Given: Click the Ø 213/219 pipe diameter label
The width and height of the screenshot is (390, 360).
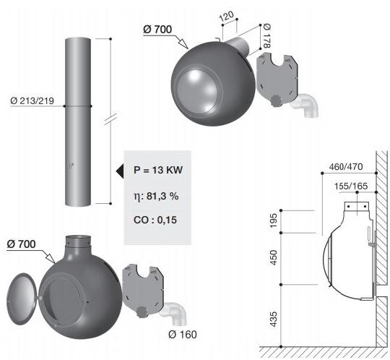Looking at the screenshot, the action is click(x=32, y=100).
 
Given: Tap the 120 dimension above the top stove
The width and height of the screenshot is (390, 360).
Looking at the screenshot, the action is click(x=227, y=16).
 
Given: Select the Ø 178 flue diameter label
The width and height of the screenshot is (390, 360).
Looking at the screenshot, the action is click(x=266, y=36).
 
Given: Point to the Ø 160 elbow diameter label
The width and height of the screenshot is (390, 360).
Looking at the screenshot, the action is click(x=183, y=335).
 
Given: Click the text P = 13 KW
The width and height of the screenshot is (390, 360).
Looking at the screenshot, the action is click(x=158, y=170).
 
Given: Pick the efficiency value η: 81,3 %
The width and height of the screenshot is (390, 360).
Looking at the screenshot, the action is click(x=156, y=196).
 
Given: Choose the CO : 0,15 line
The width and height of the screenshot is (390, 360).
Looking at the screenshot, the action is click(x=155, y=220).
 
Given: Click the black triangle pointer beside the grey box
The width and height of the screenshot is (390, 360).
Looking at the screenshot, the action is click(x=120, y=171).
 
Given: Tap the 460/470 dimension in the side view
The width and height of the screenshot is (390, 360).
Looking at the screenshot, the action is click(x=346, y=166).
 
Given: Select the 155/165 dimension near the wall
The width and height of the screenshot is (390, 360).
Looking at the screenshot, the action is click(x=351, y=186).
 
